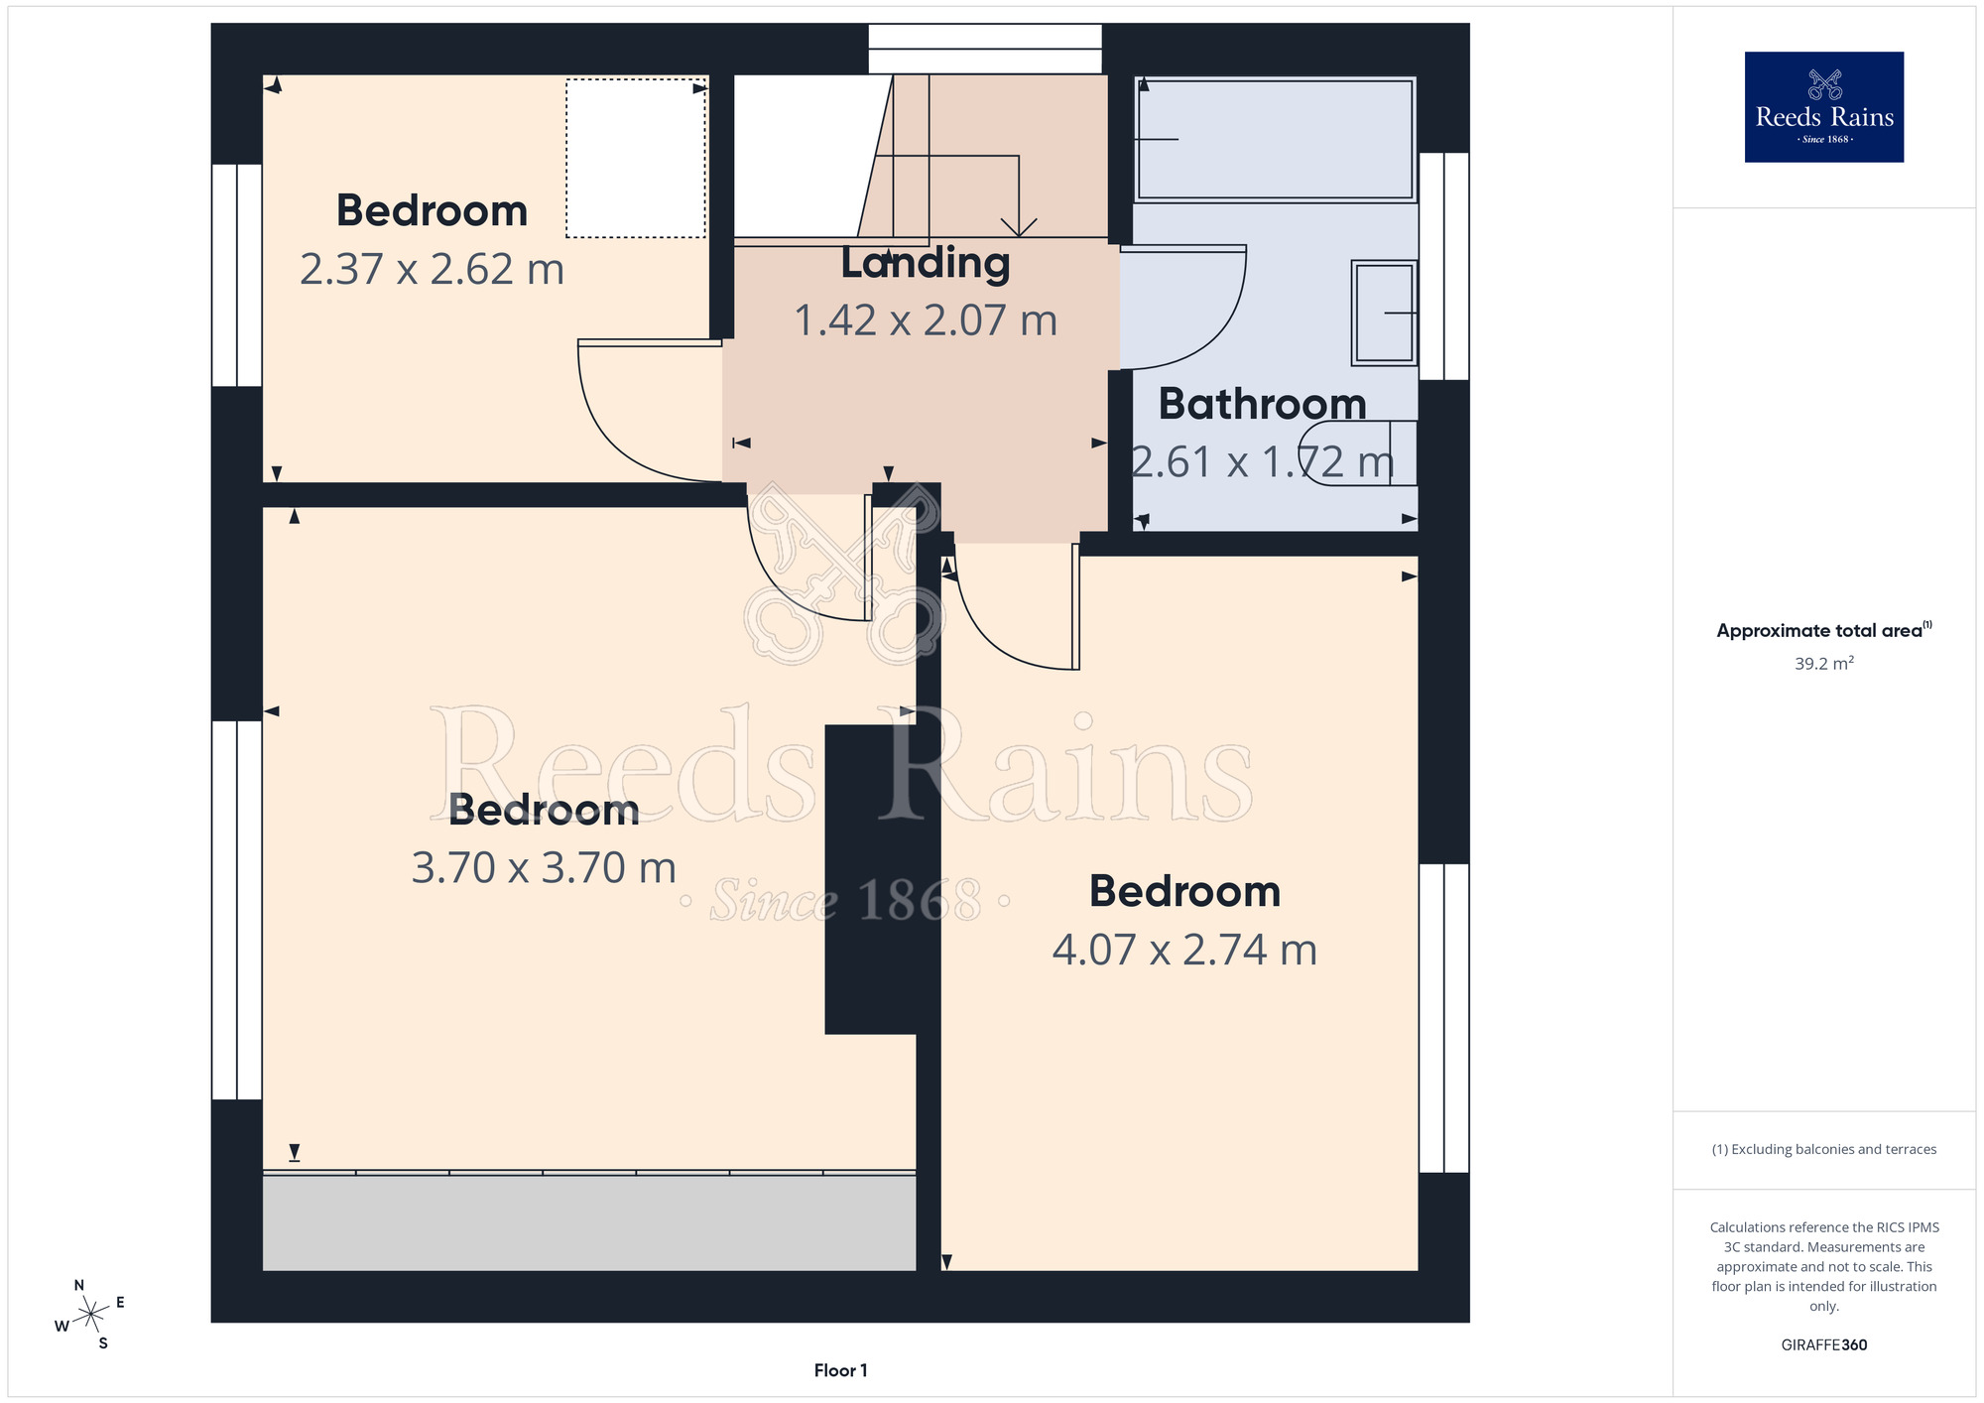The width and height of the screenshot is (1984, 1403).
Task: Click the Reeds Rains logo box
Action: [1823, 107]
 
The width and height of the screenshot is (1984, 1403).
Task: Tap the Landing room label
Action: [926, 263]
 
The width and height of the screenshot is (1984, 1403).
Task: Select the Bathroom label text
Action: [1262, 404]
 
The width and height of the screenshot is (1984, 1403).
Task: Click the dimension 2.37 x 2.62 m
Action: [432, 270]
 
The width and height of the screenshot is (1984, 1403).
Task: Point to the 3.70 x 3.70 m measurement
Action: [544, 868]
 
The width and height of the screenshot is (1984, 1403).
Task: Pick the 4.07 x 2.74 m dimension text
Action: [1184, 950]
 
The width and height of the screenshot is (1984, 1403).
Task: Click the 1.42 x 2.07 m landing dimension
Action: [926, 320]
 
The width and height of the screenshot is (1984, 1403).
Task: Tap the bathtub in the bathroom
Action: [1275, 139]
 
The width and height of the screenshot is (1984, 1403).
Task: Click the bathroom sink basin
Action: [1384, 313]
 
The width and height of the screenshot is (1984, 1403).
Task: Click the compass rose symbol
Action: [91, 1315]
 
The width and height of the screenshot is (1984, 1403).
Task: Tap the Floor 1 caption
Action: [840, 1370]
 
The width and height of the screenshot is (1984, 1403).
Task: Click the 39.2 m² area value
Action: [1823, 663]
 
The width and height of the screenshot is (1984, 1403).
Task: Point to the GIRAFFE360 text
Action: [1823, 1345]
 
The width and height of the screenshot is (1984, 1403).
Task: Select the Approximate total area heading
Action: [1823, 630]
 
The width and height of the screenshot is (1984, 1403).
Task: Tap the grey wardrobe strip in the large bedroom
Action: [589, 1221]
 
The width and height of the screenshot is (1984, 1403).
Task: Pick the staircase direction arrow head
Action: [1019, 227]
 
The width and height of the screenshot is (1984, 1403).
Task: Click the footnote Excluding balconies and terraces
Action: [1823, 1149]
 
